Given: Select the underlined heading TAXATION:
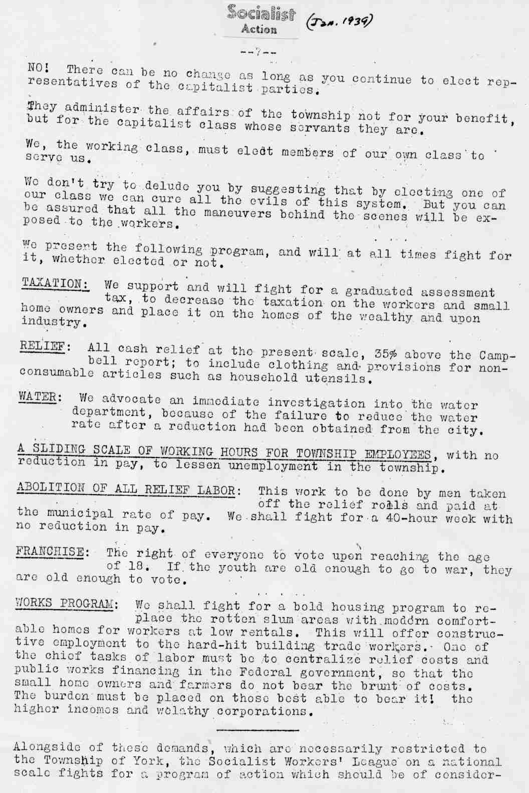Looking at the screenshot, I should coord(55,283).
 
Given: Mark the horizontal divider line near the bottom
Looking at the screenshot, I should coord(258,730).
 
